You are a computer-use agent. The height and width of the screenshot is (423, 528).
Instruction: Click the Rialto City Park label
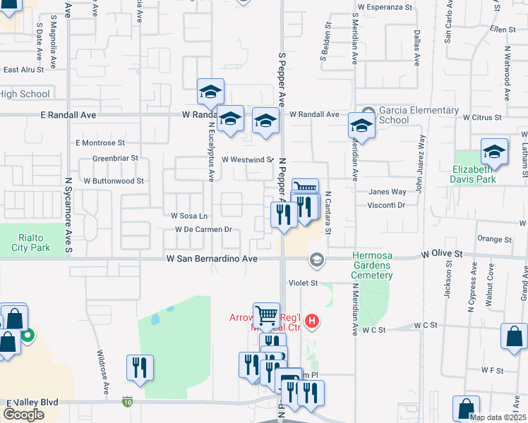coord(31,243)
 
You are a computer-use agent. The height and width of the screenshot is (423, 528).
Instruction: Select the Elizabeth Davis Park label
coord(486,174)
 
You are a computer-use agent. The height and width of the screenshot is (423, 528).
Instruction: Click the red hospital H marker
coord(313,322)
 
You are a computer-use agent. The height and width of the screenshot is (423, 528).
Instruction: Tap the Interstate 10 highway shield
coord(127,402)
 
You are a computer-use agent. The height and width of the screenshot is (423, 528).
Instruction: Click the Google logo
coord(23,415)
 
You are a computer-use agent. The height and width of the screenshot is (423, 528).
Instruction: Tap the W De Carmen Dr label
coord(204,230)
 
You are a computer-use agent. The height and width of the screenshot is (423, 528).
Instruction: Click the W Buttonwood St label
coord(113,180)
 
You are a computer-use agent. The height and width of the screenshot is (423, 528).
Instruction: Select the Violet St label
coord(304,282)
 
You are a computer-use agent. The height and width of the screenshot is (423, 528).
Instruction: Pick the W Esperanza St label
coord(385,6)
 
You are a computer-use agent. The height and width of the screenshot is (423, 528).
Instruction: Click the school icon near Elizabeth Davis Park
coord(494,152)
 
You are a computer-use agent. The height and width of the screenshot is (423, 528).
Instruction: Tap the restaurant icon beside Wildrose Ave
coord(140,367)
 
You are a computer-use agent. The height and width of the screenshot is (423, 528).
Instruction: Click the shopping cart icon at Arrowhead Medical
coord(266,315)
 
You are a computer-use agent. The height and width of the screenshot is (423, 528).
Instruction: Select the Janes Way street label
coord(388,192)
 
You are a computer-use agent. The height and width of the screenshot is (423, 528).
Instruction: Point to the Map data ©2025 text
coord(497,417)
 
